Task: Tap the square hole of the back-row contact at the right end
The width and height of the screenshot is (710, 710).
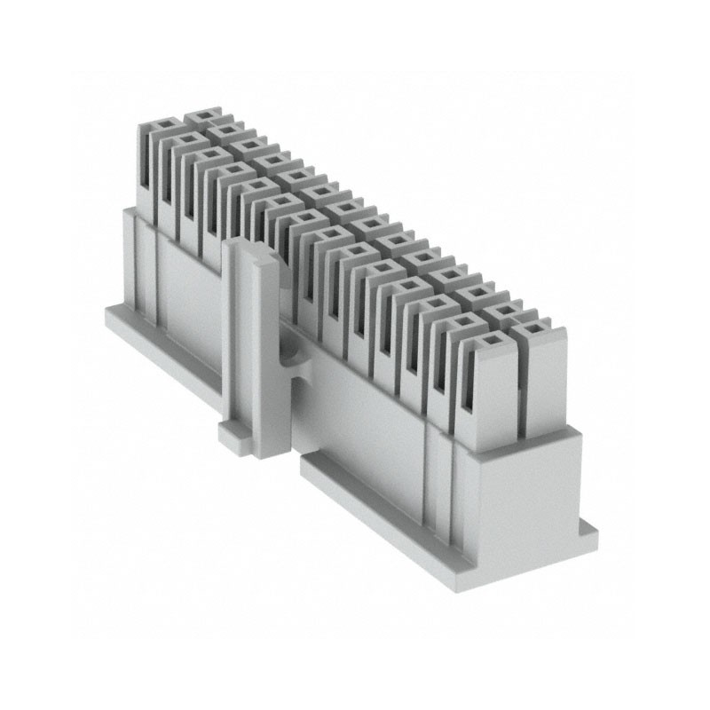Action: pos(533,329)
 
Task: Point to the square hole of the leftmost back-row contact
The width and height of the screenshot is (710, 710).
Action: pos(205,115)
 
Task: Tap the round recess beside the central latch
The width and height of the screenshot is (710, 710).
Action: pos(287,355)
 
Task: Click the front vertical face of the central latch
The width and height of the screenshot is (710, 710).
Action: pos(266,355)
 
